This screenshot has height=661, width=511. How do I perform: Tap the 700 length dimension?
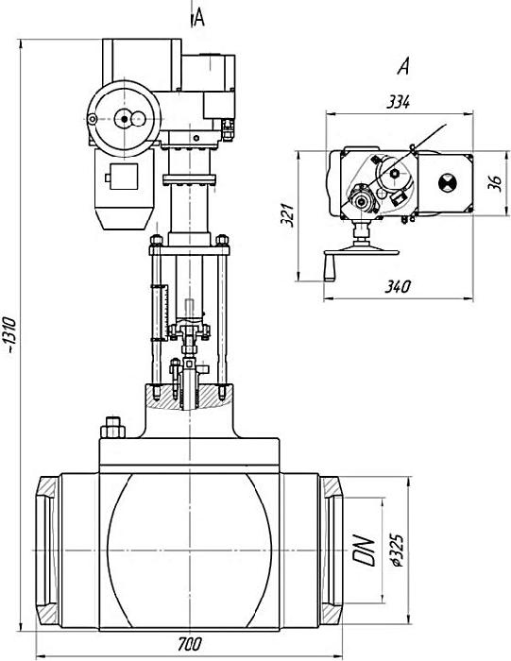click(x=189, y=644)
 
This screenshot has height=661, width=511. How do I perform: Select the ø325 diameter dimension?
click(x=397, y=551)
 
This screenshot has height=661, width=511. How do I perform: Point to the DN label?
click(x=364, y=551)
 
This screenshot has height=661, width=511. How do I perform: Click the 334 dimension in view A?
click(x=398, y=102)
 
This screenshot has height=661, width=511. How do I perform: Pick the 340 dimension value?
click(x=397, y=287)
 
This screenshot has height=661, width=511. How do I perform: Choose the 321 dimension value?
click(x=288, y=215)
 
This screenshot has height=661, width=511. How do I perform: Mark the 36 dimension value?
click(x=496, y=183)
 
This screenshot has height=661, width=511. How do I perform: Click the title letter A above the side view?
click(x=403, y=67)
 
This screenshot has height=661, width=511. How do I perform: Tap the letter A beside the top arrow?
click(x=199, y=18)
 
